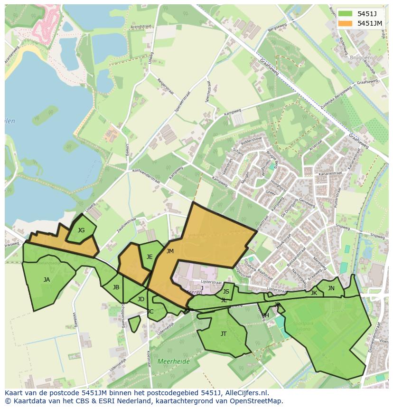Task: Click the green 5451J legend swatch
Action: [x=346, y=14]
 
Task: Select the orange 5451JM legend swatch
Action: [x=346, y=23]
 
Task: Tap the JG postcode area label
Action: [x=81, y=230]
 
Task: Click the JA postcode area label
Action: [x=47, y=280]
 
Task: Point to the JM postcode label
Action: [x=170, y=251]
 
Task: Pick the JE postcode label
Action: [x=150, y=257]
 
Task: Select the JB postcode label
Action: [x=116, y=287]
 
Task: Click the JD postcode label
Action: [x=140, y=299]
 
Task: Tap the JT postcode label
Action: [x=224, y=334]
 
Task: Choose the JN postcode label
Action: [x=331, y=288]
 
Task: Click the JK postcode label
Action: [x=314, y=294]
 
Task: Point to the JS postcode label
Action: [x=226, y=292]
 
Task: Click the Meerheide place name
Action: [x=174, y=361]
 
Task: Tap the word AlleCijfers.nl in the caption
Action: [x=244, y=393]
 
